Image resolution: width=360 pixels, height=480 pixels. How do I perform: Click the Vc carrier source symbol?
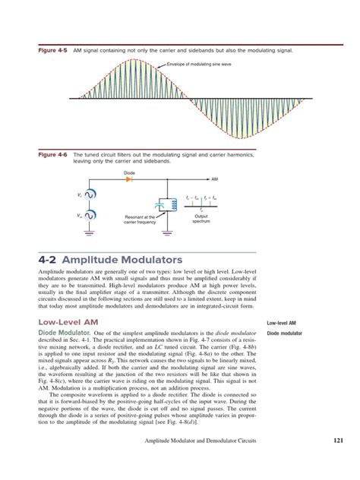(x=90, y=196)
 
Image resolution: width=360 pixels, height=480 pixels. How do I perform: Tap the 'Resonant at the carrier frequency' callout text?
(x=139, y=220)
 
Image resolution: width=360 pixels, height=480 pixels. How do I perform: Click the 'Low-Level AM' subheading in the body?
(x=68, y=322)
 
